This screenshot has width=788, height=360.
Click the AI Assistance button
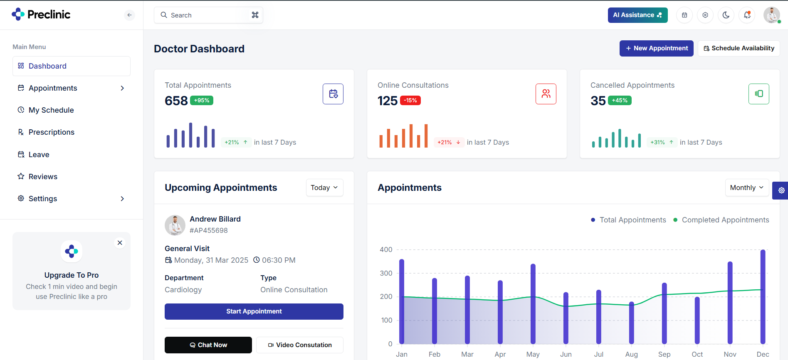pos(637,15)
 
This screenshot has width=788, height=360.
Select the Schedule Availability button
pos(739,48)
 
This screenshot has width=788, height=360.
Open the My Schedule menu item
pos(51,110)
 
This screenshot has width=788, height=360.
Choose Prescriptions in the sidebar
pos(51,132)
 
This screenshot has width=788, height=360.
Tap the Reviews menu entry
pos(43,177)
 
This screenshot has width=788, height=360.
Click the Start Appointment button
pos(254,311)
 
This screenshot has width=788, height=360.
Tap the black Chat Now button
pos(208,345)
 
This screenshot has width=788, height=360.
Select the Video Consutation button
pos(299,345)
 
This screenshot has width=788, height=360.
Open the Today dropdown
pos(324,187)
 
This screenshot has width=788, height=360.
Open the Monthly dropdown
pos(747,187)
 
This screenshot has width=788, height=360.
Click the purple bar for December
pos(763,297)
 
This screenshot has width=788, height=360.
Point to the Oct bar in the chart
pos(697,320)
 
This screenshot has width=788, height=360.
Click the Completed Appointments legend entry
pos(725,220)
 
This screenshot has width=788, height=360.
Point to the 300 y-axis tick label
pos(386,273)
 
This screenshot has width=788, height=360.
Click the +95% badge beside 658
pos(202,100)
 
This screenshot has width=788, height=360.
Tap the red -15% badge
pos(410,100)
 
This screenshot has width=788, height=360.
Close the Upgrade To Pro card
pos(120,243)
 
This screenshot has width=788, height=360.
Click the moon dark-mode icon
pos(726,15)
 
